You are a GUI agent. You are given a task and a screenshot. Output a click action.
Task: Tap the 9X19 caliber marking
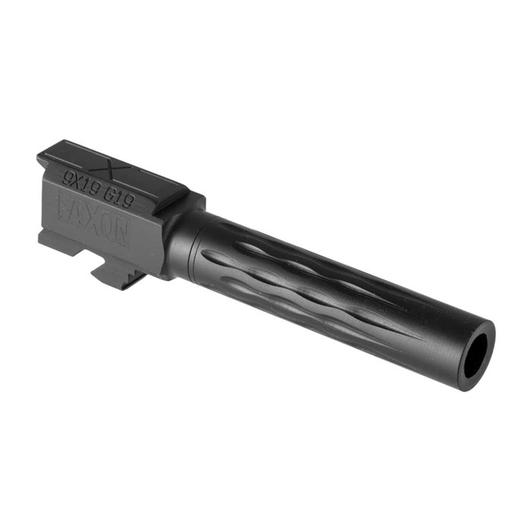(x=80, y=184)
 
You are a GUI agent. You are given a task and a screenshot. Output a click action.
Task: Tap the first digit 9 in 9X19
(x=68, y=179)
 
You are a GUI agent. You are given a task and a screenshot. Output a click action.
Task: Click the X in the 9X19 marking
(x=76, y=183)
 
